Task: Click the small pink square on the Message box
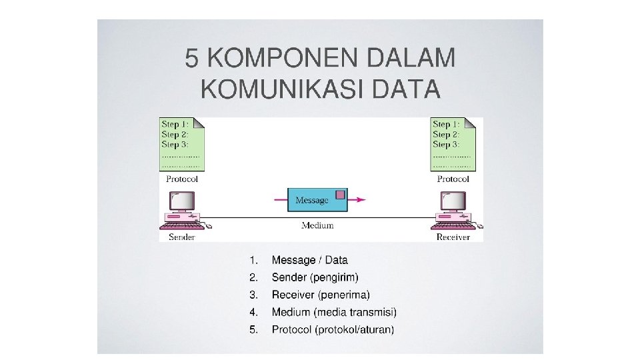340,194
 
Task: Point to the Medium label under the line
317,225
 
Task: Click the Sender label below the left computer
181,237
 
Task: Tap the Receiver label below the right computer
453,237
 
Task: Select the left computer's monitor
181,200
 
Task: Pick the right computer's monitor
453,200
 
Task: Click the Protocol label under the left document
182,179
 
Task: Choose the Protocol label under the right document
453,179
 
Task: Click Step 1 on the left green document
175,124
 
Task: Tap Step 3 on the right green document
445,144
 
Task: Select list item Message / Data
309,260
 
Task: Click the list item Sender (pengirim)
315,277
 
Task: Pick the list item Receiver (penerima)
320,295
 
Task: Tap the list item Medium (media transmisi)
334,312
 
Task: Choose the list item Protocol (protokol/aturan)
333,329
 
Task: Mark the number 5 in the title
192,59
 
